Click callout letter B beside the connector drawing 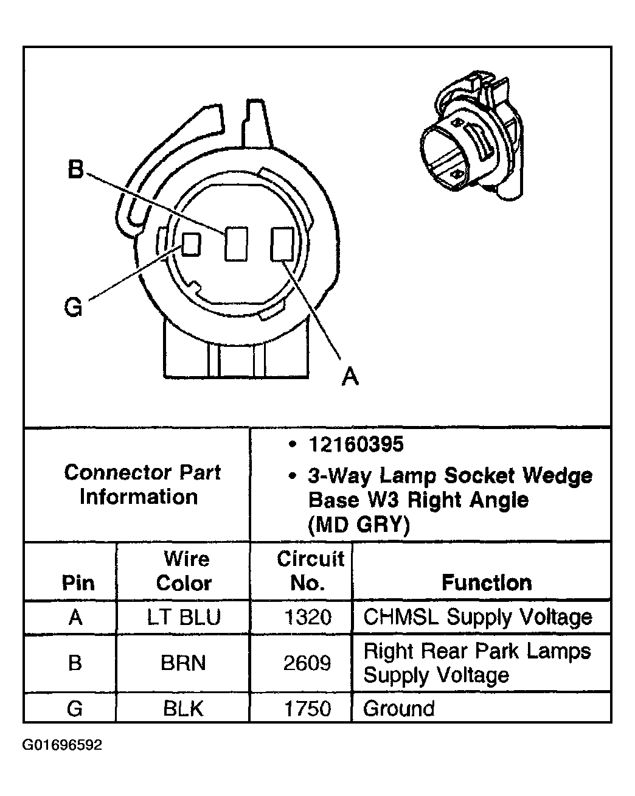pos(75,169)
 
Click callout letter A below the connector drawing pos(350,377)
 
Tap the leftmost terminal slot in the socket pos(192,243)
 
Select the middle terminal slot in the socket pos(236,244)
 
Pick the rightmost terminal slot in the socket pos(282,244)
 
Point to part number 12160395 pos(356,445)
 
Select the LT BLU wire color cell pos(183,618)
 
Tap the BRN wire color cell pos(183,663)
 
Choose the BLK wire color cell pos(183,709)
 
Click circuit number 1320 pos(308,618)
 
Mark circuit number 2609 pos(308,663)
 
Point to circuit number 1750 pos(308,709)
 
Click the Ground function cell pos(399,709)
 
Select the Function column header pos(486,583)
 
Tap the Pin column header pos(78,583)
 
